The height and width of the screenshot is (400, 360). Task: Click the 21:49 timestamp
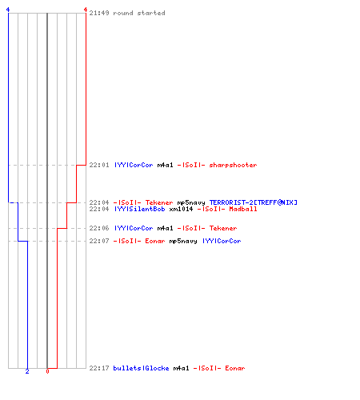tap(99, 13)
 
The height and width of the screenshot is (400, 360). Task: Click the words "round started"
tap(139, 13)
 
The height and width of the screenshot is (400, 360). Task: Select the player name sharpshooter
tap(233, 165)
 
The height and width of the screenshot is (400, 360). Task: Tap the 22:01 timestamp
tap(99, 165)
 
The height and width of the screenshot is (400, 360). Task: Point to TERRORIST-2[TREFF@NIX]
tap(253, 202)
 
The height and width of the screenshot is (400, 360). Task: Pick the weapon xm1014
tap(181, 209)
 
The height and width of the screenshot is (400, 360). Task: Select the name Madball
tap(243, 209)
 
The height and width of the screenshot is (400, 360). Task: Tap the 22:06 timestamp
tap(99, 228)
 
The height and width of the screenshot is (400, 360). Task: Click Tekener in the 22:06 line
tap(223, 228)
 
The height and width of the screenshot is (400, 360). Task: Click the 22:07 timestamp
tap(99, 241)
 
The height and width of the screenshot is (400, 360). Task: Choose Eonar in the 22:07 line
tap(155, 241)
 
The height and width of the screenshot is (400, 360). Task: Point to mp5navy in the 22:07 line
tap(183, 242)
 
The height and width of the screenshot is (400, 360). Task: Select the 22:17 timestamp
tap(99, 368)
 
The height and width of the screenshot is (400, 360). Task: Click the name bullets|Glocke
tap(141, 368)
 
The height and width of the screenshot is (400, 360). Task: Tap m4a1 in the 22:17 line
tap(181, 368)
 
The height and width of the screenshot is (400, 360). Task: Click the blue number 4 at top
tap(8, 10)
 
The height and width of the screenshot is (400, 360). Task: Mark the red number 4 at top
tap(86, 10)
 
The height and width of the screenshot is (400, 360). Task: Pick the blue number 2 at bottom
tap(27, 371)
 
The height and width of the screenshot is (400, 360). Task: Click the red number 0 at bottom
tap(47, 371)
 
